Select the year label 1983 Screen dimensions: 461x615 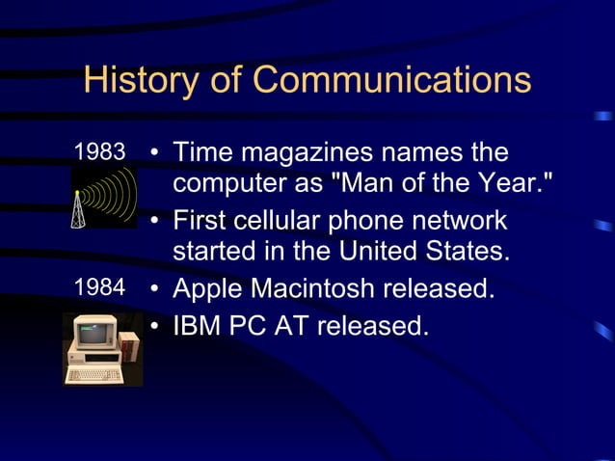[x=100, y=152]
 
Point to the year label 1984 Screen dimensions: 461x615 [x=100, y=287]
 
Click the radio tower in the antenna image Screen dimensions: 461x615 [x=78, y=209]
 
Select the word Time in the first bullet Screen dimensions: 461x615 [x=202, y=153]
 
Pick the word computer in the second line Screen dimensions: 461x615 [x=229, y=183]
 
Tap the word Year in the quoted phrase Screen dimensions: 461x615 [x=507, y=183]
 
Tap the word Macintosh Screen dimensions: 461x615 [x=315, y=287]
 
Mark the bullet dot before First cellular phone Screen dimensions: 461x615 [x=154, y=222]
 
